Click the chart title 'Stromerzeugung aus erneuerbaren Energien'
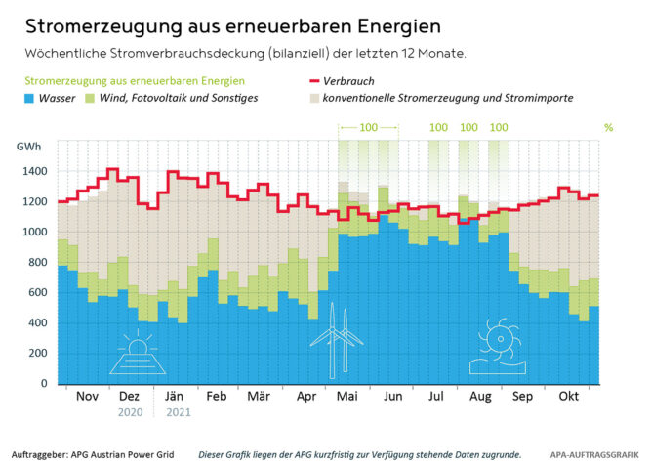[x=220, y=24]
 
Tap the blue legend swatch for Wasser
[x=32, y=99]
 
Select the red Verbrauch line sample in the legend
[x=305, y=81]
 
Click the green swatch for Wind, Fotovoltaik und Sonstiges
[x=92, y=99]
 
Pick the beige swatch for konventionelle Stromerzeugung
[x=305, y=99]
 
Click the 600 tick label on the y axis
[x=36, y=293]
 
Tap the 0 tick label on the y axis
[x=43, y=384]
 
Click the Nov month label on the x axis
[x=88, y=398]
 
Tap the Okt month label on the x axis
[x=568, y=398]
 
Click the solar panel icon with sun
[x=137, y=355]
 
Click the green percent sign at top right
[x=608, y=128]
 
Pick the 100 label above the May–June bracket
[x=368, y=128]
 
